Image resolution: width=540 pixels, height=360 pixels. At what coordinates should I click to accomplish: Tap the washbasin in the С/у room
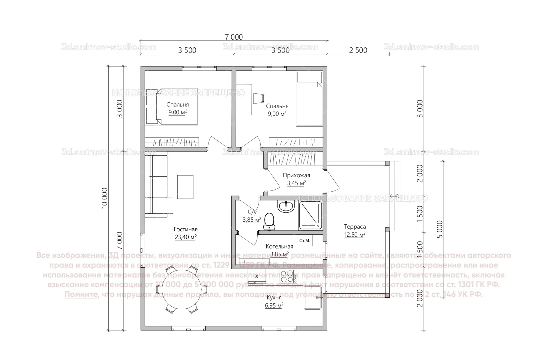click(286, 207)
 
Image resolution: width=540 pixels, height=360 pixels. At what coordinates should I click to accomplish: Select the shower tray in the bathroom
click(310, 215)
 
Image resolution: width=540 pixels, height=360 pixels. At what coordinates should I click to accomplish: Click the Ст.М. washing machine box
click(305, 240)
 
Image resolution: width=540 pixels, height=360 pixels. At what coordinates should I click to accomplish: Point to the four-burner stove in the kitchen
click(289, 276)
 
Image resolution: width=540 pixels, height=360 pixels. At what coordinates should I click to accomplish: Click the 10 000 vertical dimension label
click(105, 198)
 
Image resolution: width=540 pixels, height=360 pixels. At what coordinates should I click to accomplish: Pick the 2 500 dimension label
click(358, 50)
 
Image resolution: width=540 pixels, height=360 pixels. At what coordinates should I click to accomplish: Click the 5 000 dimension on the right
click(440, 229)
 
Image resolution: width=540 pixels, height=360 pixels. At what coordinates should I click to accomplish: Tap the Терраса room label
click(355, 227)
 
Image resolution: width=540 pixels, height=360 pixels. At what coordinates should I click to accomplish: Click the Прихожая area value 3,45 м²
click(296, 183)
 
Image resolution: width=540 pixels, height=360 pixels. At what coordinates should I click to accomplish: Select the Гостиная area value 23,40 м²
click(185, 237)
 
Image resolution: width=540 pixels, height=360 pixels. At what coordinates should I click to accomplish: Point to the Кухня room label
click(274, 298)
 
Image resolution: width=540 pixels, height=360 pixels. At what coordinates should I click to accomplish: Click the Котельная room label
click(279, 246)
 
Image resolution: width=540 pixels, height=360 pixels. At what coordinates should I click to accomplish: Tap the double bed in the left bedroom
click(177, 107)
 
